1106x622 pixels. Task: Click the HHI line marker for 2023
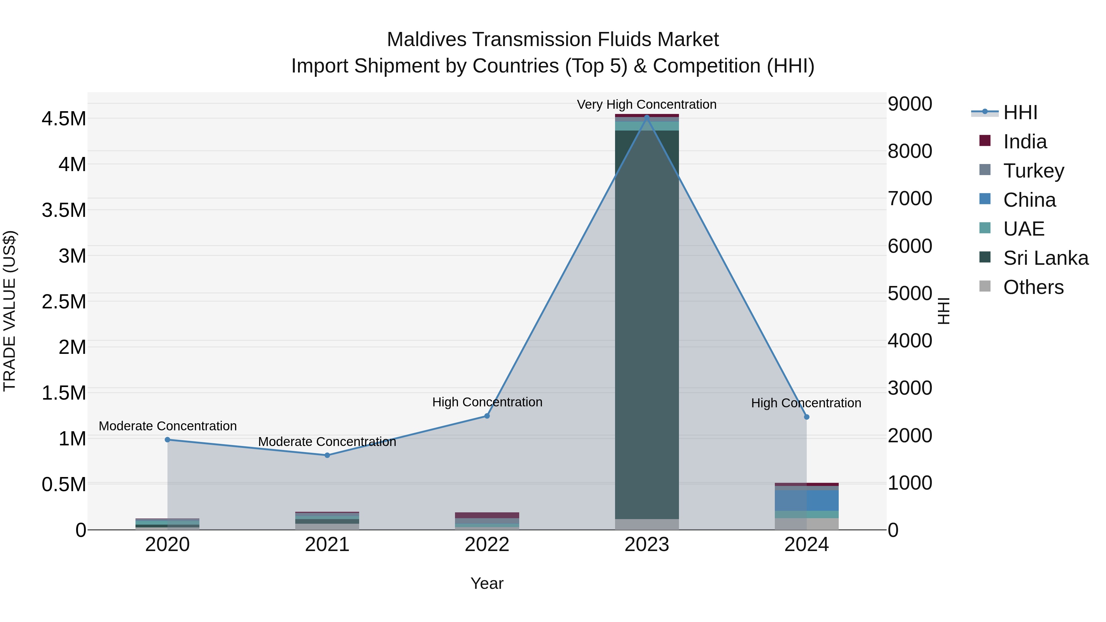(647, 117)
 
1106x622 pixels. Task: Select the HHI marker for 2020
(167, 440)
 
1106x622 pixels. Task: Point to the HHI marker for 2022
(487, 416)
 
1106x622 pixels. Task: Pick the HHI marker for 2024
(806, 417)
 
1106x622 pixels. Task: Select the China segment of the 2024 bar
(806, 501)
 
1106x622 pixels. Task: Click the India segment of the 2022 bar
(487, 515)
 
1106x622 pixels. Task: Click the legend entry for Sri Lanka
(1045, 258)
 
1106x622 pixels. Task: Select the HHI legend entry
(1020, 112)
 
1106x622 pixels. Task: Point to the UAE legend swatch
(985, 228)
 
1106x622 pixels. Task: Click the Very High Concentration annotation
(647, 104)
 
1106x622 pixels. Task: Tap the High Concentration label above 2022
(487, 402)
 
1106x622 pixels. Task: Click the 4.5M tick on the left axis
(64, 119)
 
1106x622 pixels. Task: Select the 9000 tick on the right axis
(909, 104)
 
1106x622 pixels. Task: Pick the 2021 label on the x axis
(327, 545)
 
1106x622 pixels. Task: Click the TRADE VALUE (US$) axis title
(10, 311)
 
